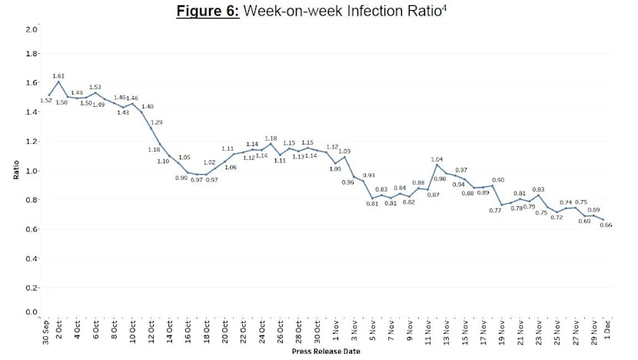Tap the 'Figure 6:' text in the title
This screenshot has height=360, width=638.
pos(210,13)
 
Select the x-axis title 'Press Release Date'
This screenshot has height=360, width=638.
pos(326,352)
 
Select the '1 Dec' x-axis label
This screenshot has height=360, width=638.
pos(608,332)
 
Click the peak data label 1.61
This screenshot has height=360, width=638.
pos(59,75)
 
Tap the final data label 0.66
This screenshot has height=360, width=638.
pos(606,225)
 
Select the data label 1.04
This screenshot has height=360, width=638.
pos(437,158)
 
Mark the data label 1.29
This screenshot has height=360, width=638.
pos(156,122)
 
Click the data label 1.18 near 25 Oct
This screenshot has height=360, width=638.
pos(271,138)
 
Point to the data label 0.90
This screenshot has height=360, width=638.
pos(498,178)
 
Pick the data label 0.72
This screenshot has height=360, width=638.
pos(557,217)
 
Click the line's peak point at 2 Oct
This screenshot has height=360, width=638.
pos(58,82)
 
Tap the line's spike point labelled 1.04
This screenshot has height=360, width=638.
pos(437,165)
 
